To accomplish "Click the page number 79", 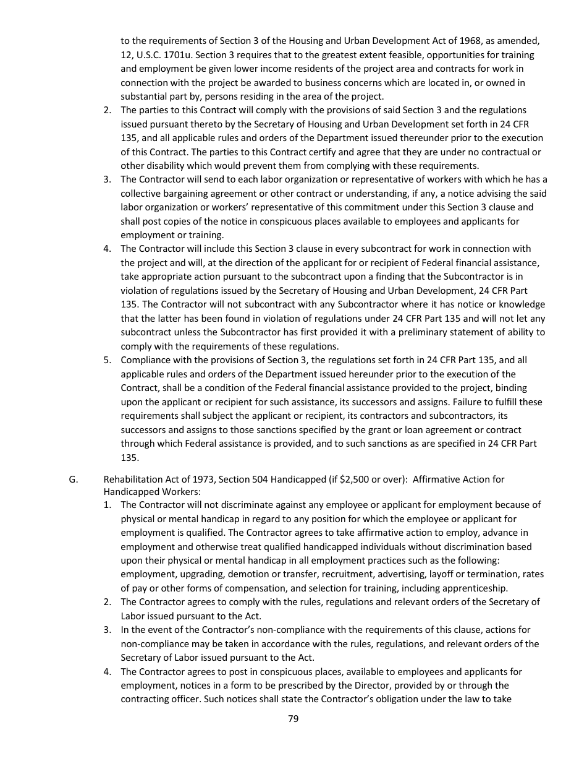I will tap(293, 718).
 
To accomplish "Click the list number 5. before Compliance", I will tap(107, 360).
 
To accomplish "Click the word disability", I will tap(164, 166).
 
